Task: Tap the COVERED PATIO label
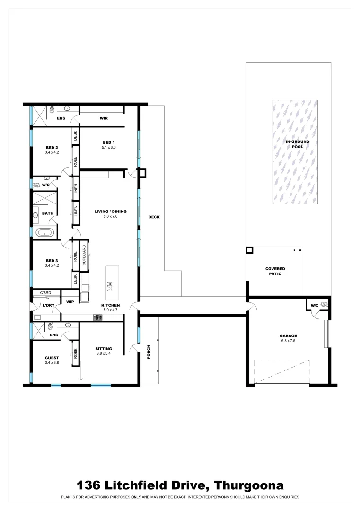coord(275,271)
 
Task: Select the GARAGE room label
coord(288,336)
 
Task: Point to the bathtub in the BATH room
coord(44,233)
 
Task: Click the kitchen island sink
coord(110,285)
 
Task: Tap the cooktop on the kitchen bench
coord(98,317)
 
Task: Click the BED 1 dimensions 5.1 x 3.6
coord(109,148)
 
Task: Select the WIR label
coord(104,118)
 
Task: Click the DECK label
coord(154,217)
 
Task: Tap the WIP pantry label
coord(70,301)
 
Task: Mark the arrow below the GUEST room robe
coord(80,374)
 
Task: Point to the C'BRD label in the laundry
coord(45,293)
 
